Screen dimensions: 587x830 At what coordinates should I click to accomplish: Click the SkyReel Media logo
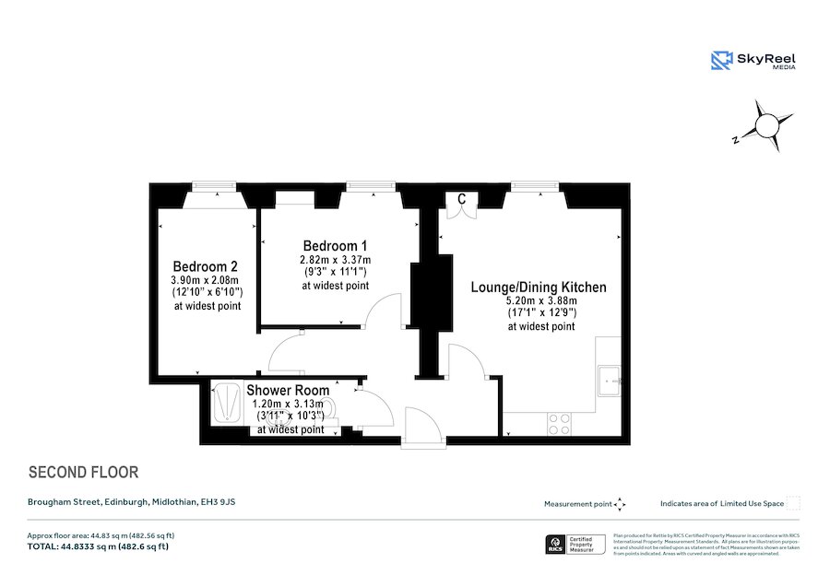pyautogui.click(x=753, y=61)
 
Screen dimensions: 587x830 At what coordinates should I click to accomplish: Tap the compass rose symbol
pyautogui.click(x=764, y=126)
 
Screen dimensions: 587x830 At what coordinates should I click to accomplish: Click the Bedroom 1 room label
pyautogui.click(x=336, y=246)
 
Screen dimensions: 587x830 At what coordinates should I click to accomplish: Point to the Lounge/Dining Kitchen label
pyautogui.click(x=539, y=288)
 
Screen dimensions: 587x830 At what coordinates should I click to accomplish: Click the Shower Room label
pyautogui.click(x=280, y=391)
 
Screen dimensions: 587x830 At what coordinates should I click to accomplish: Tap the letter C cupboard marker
pyautogui.click(x=461, y=199)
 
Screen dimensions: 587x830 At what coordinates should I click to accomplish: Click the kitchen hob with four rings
pyautogui.click(x=559, y=423)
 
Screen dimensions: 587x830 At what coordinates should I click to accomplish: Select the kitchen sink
pyautogui.click(x=610, y=378)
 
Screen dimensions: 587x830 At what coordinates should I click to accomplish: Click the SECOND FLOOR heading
pyautogui.click(x=84, y=473)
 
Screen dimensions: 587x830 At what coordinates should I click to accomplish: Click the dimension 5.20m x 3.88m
pyautogui.click(x=541, y=301)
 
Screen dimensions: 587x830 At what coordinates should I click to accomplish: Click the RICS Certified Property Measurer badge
pyautogui.click(x=576, y=545)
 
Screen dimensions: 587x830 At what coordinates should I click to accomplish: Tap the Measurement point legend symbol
pyautogui.click(x=620, y=504)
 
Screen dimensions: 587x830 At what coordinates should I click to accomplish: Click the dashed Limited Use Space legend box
pyautogui.click(x=793, y=503)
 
